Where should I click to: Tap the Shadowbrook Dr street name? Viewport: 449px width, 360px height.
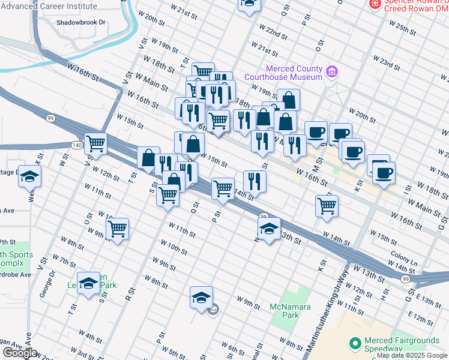click(x=80, y=22)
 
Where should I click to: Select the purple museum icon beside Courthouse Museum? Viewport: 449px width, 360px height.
click(x=331, y=73)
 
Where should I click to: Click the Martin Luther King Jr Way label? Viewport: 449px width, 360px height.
click(x=327, y=311)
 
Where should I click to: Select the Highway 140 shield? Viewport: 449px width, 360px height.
click(x=76, y=145)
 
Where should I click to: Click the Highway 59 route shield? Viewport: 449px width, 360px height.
click(x=263, y=216)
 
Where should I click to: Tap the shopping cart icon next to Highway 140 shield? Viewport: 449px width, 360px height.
click(x=95, y=143)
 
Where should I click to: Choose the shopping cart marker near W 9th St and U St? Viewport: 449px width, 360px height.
click(x=118, y=228)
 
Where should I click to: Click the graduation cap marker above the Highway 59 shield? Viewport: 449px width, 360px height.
click(x=269, y=228)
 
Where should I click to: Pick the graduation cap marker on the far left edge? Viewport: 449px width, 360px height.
click(x=29, y=176)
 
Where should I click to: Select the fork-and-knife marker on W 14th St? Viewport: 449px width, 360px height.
click(x=255, y=181)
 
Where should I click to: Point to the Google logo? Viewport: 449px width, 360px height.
click(x=19, y=352)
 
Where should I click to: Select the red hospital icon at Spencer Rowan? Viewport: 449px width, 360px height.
click(x=375, y=4)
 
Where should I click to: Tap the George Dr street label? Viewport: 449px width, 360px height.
click(x=50, y=283)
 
